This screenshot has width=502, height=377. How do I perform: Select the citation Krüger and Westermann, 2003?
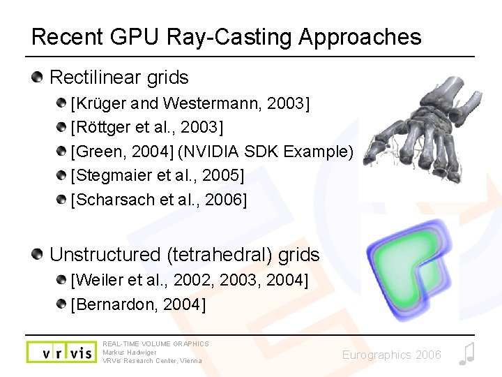[190, 104]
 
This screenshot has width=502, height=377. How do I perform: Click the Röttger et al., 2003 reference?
[147, 128]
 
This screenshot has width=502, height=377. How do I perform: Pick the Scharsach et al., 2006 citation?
[159, 200]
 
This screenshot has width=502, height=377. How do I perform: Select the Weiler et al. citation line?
[189, 280]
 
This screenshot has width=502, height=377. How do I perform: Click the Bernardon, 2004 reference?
[138, 304]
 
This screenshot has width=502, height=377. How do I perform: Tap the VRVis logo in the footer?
[61, 352]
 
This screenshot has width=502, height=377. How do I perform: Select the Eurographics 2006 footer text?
[391, 355]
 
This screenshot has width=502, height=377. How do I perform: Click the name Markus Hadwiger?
[130, 352]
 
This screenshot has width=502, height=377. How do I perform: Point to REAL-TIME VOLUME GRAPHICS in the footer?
[155, 343]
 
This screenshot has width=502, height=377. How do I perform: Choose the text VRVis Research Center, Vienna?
[152, 361]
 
